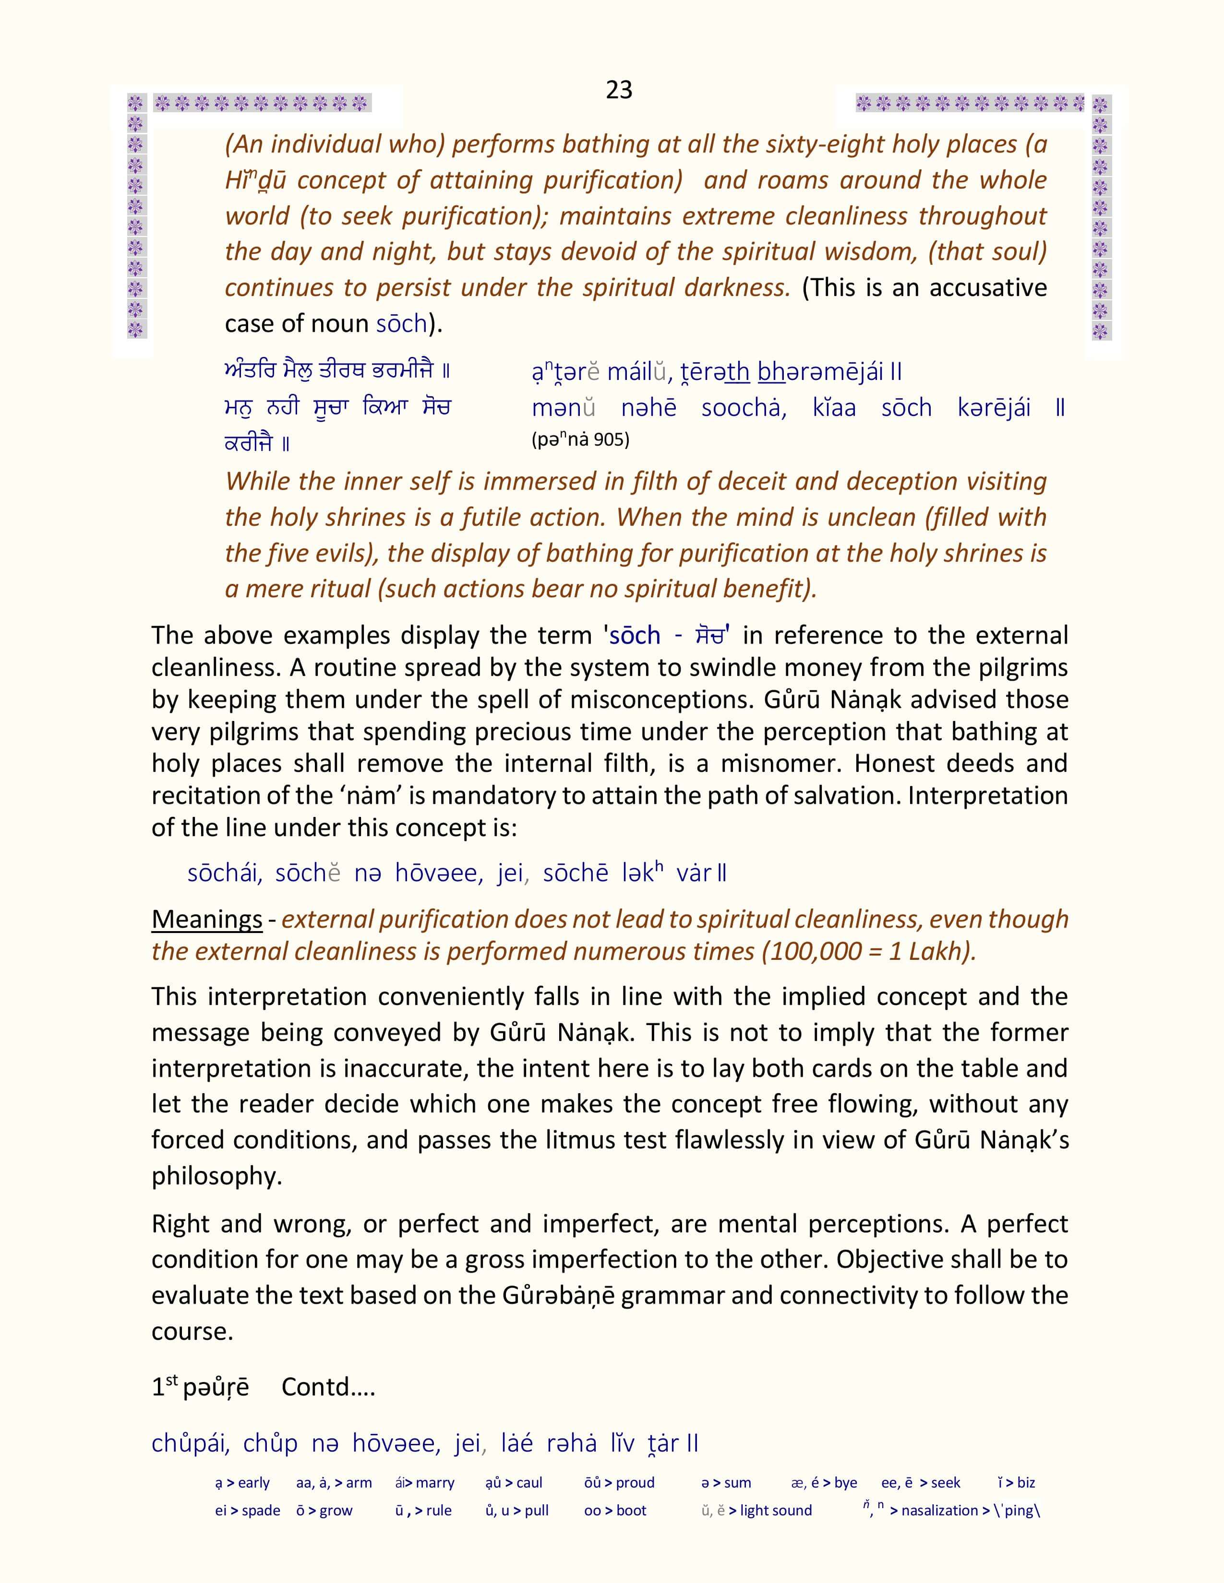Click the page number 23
[x=619, y=90]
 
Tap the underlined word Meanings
[x=207, y=919]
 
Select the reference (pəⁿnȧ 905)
[x=580, y=439]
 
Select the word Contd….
[x=328, y=1387]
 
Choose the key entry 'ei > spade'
[x=247, y=1511]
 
